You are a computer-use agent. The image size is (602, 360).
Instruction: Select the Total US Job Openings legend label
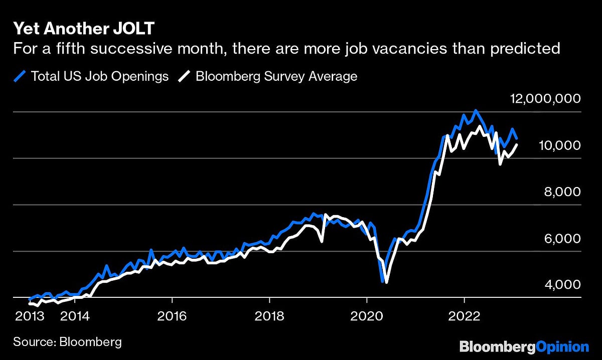coord(100,76)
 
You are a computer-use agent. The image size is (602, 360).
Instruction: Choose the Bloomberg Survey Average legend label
coord(276,76)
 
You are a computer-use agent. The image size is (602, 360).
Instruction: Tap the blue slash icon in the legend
coord(20,76)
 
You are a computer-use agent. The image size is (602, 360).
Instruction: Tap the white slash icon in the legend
coord(186,76)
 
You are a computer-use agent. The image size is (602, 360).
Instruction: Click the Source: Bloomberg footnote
coord(67,342)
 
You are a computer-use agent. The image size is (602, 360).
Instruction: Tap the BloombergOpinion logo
coord(524,347)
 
